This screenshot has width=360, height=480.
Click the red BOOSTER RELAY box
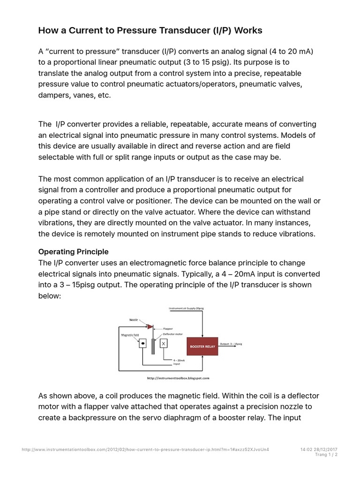pyautogui.click(x=202, y=346)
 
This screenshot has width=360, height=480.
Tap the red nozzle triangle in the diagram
pyautogui.click(x=150, y=326)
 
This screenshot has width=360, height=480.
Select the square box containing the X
pyautogui.click(x=164, y=344)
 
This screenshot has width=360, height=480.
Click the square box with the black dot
pyautogui.click(x=142, y=344)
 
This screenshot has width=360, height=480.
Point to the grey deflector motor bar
pyautogui.click(x=153, y=346)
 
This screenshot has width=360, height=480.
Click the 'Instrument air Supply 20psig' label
pyautogui.click(x=186, y=308)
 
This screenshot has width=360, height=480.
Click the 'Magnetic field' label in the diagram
pyautogui.click(x=130, y=335)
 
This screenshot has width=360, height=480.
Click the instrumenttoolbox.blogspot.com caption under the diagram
pyautogui.click(x=178, y=377)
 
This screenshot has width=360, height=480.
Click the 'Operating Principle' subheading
pyautogui.click(x=73, y=252)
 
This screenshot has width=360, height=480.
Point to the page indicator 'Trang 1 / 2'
pyautogui.click(x=326, y=455)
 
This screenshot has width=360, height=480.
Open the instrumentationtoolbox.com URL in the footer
pyautogui.click(x=145, y=450)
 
